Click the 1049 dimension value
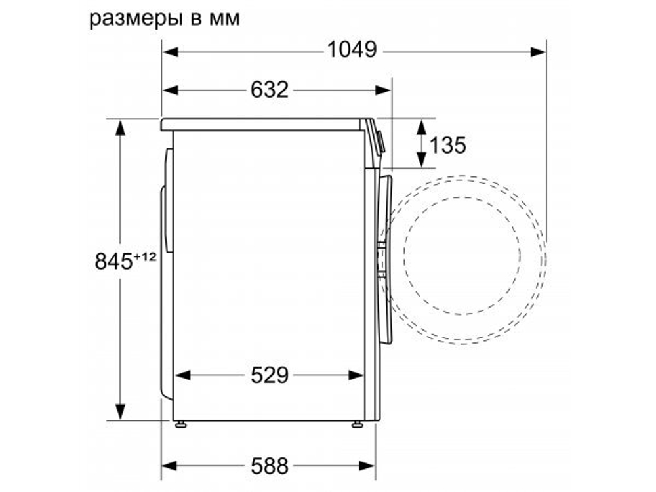[352, 49]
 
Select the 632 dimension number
[269, 89]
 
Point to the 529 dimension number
[269, 375]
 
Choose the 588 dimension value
[269, 466]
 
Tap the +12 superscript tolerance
[145, 257]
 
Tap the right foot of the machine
[357, 424]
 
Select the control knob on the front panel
[380, 140]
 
